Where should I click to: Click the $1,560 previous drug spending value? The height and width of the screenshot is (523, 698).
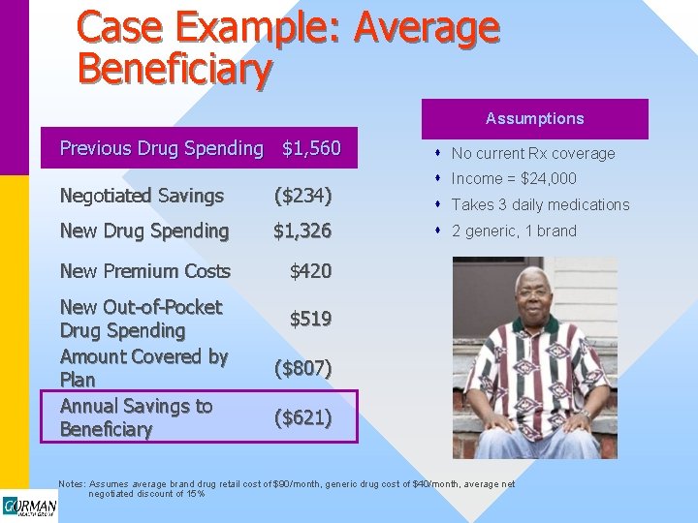pos(311,148)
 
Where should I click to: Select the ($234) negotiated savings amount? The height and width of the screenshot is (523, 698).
pos(302,196)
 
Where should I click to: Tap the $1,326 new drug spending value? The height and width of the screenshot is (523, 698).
pos(302,231)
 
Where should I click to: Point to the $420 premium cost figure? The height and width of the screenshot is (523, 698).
pos(310,271)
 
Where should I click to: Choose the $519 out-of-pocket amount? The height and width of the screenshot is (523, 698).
pos(310,318)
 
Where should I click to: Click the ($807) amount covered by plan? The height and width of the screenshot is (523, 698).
pos(302,368)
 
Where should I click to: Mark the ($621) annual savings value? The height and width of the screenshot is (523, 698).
pos(302,417)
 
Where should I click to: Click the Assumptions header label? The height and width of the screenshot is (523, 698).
pos(535,118)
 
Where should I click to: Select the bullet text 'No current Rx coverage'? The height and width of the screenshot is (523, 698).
pos(533,153)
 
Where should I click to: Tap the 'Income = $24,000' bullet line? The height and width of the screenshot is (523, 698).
pos(514,178)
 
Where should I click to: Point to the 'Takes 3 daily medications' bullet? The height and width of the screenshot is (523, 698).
pos(540,204)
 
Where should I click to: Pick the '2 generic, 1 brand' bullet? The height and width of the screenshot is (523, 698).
pos(514,231)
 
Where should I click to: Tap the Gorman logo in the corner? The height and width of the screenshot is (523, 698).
pos(29,507)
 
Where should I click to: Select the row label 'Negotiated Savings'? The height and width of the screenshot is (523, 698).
pos(142,196)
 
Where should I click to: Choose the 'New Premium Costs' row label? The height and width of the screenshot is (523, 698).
pos(145,271)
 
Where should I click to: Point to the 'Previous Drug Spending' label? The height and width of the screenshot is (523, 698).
pos(161,148)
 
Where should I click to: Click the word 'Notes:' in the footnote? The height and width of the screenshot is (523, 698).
pos(73,484)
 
